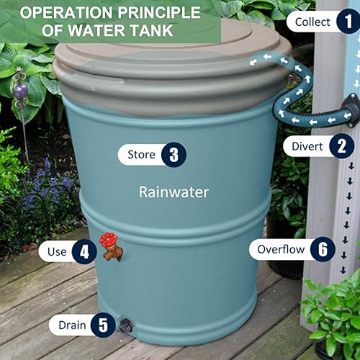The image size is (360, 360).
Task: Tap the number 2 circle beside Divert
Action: [x=341, y=147]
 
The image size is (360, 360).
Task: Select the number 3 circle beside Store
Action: [x=174, y=154]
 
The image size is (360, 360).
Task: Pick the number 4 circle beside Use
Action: [x=84, y=251]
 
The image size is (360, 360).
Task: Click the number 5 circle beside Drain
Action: [x=102, y=325]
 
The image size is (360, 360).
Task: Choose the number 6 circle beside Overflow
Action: [x=323, y=250]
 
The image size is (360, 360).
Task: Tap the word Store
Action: [x=141, y=154]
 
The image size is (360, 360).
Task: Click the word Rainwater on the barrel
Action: [x=174, y=192]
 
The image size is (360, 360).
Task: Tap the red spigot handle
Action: [x=108, y=240]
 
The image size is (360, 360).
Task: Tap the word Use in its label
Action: [x=58, y=251]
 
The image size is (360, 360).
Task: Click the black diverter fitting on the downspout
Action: [x=349, y=112]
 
